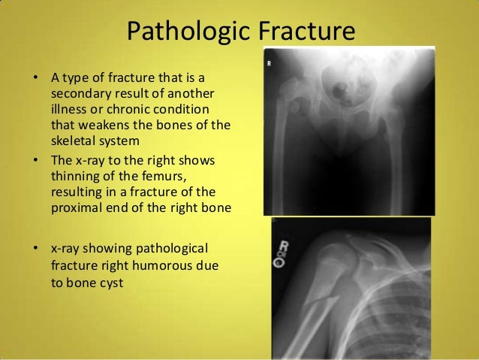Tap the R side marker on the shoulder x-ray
tap(285, 244)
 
